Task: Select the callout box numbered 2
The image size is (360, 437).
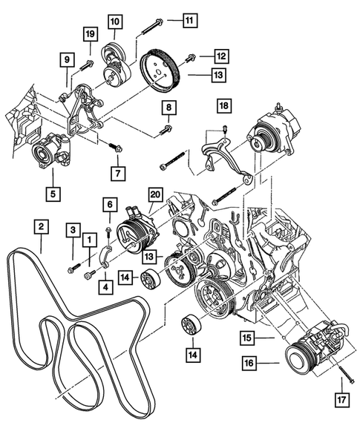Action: tap(42, 225)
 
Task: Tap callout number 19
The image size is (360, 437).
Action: tap(90, 35)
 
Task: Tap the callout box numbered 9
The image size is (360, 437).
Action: tap(66, 59)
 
